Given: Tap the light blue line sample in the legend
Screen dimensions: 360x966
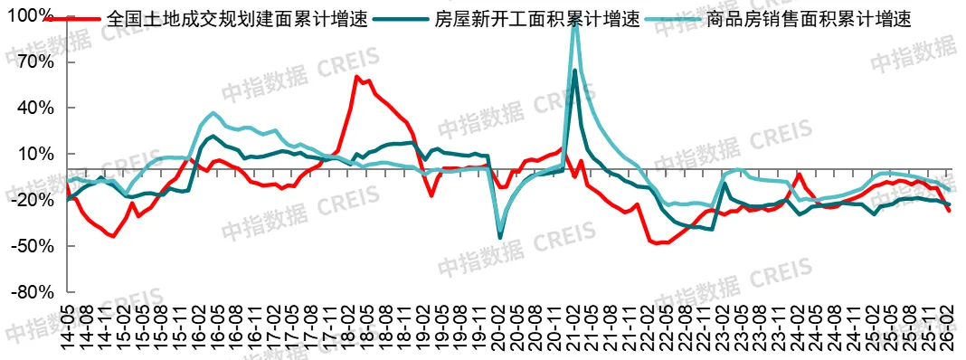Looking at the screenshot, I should pyautogui.click(x=672, y=18).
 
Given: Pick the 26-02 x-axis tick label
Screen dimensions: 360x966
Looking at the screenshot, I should pyautogui.click(x=947, y=327).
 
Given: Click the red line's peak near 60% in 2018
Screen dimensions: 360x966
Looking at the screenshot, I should pyautogui.click(x=356, y=77).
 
